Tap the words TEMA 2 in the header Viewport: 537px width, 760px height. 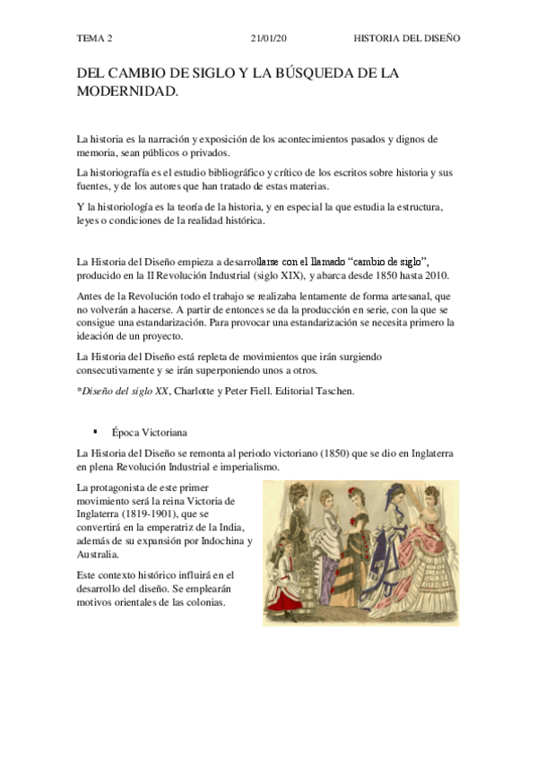[96, 39]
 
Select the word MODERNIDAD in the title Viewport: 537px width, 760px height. [126, 91]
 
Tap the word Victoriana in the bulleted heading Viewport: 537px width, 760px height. [162, 432]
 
